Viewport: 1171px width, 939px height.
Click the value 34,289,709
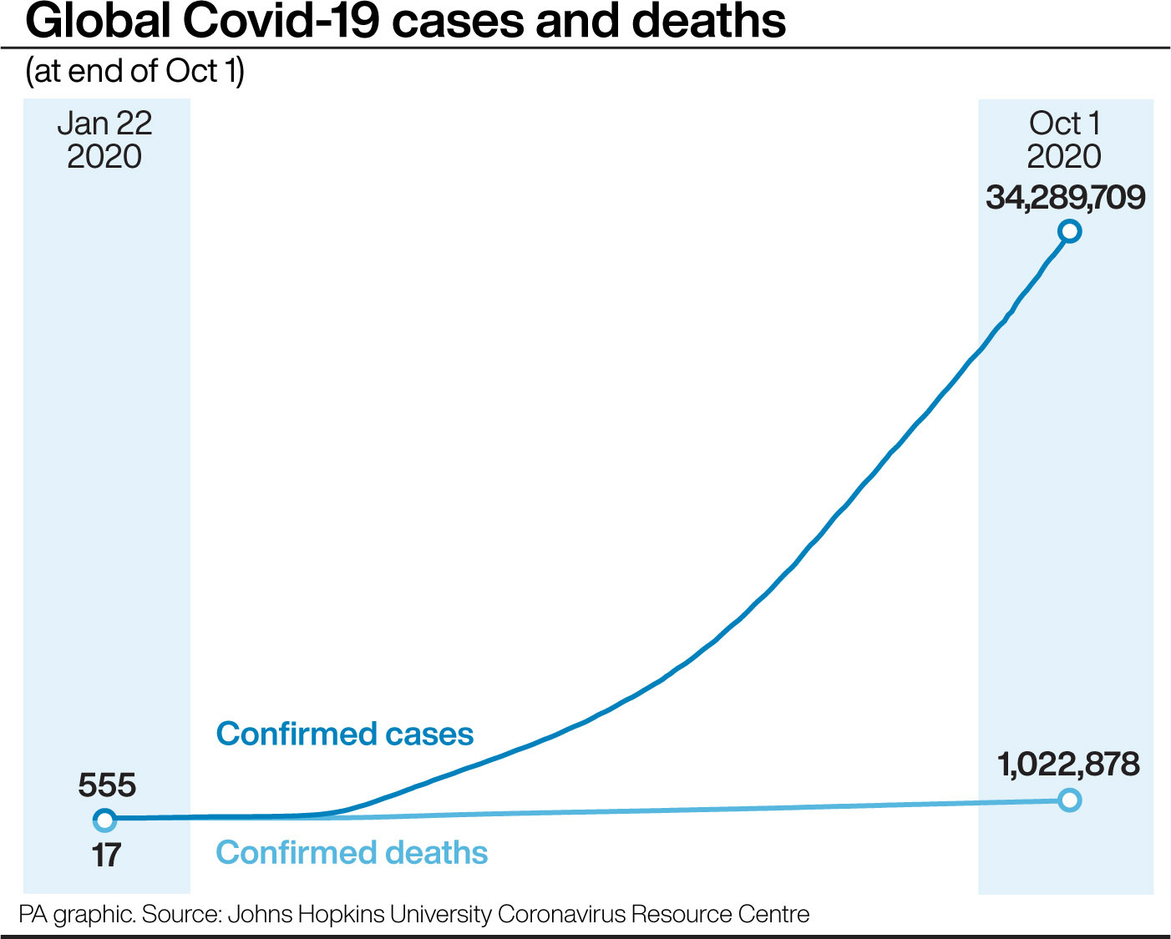pyautogui.click(x=1065, y=198)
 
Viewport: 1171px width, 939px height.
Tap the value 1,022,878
pyautogui.click(x=1068, y=765)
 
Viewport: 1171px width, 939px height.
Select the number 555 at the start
pyautogui.click(x=107, y=785)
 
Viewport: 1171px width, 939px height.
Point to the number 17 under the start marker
pyautogui.click(x=106, y=856)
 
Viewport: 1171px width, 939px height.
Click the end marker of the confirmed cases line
pyautogui.click(x=1069, y=231)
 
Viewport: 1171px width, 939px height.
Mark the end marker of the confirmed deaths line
pyautogui.click(x=1069, y=800)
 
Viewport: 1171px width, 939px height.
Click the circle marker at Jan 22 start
pyautogui.click(x=104, y=820)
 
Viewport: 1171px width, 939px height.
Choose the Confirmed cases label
pyautogui.click(x=345, y=735)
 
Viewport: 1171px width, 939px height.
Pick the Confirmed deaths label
pyautogui.click(x=352, y=853)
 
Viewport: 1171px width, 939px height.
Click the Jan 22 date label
pyautogui.click(x=104, y=124)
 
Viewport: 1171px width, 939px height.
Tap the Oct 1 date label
pyautogui.click(x=1065, y=124)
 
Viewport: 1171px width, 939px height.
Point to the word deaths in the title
pyautogui.click(x=708, y=22)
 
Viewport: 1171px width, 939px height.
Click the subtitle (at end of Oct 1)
pyautogui.click(x=134, y=72)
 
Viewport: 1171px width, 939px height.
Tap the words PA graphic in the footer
pyautogui.click(x=76, y=915)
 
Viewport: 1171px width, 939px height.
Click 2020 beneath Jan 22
pyautogui.click(x=104, y=157)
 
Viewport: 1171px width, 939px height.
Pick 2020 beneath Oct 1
pyautogui.click(x=1064, y=157)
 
